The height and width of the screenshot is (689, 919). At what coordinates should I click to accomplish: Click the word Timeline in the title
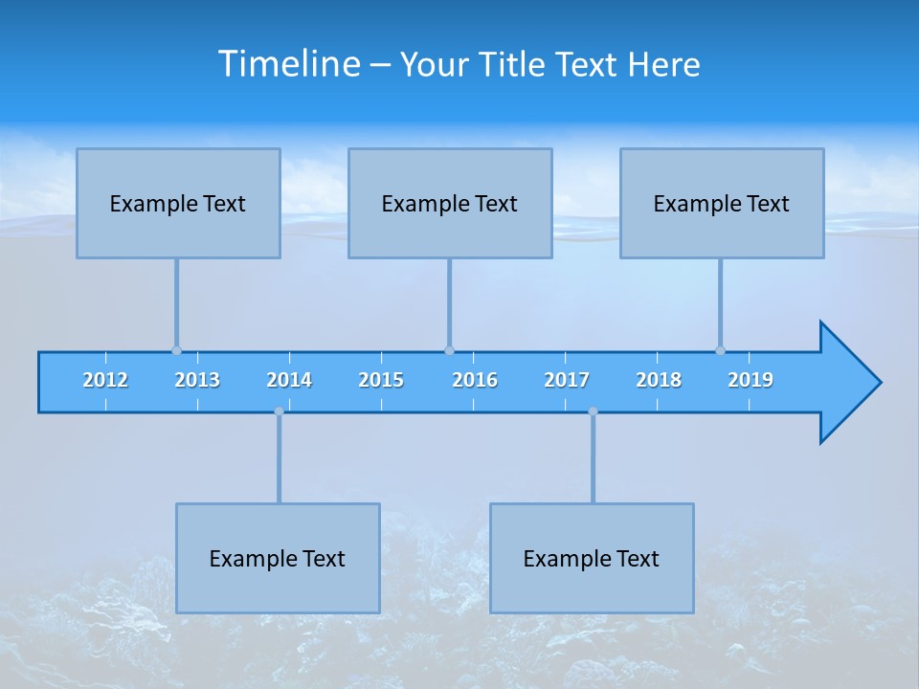pos(288,64)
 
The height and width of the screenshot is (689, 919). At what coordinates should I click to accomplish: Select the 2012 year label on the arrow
pos(105,380)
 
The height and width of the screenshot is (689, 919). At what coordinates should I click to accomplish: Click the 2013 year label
pos(197,380)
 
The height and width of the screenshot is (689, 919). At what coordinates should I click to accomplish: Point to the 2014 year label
pos(289,380)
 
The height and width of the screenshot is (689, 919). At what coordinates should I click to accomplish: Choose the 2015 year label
pos(381,380)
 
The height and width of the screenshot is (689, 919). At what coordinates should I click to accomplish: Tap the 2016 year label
pos(475,380)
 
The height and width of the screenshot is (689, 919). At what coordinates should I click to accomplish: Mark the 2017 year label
pos(567,380)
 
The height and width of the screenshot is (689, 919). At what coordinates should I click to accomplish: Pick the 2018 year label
pos(659,380)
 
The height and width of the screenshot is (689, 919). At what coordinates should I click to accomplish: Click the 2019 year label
pos(751,380)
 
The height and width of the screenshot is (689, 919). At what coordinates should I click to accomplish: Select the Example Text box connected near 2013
pos(178,203)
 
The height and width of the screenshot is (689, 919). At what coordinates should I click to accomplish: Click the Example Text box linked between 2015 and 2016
pos(450,203)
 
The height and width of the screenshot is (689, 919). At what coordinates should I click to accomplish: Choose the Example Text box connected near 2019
pos(722,203)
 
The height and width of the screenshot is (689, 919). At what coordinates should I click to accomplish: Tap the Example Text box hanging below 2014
pos(278,558)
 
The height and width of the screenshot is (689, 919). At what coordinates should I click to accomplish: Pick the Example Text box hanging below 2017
pos(592,558)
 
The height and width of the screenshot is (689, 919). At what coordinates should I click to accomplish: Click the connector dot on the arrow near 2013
pos(176,350)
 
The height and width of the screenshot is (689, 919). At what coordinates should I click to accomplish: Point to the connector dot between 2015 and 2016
pos(449,350)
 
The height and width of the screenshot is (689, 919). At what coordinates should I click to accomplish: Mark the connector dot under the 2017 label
pos(593,411)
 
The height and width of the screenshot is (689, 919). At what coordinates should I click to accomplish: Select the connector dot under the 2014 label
pos(279,411)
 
